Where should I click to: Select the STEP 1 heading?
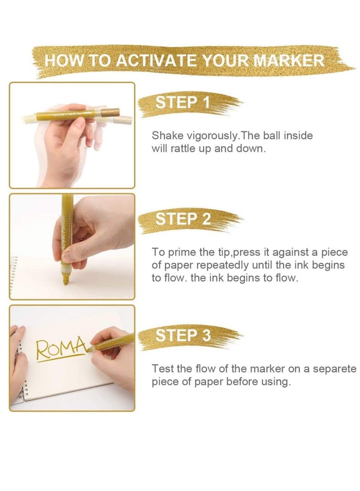tap(183, 103)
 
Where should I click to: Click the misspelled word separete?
tap(335, 369)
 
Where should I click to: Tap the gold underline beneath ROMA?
tap(61, 358)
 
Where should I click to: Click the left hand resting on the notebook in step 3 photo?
tap(19, 365)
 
